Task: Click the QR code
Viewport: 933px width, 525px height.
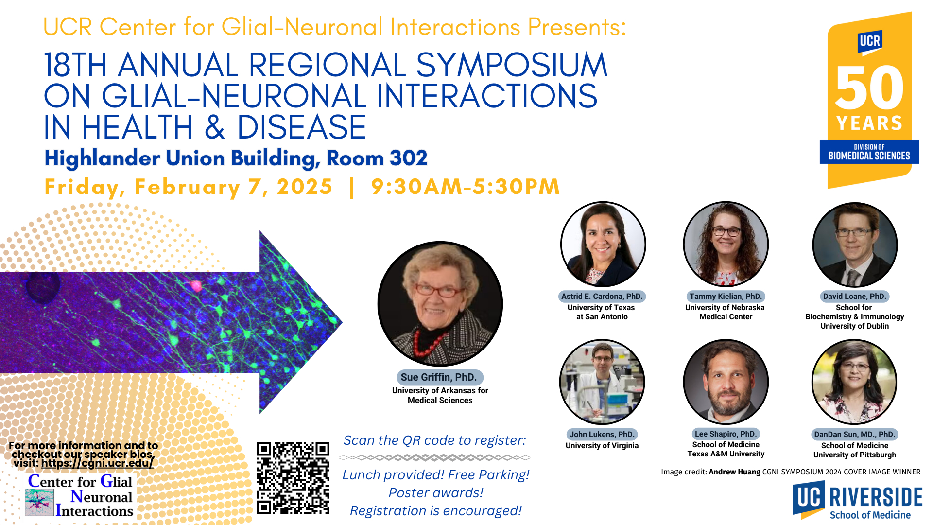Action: point(293,478)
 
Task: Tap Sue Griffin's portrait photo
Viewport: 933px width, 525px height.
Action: point(440,304)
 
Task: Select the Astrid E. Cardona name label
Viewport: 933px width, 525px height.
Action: point(602,297)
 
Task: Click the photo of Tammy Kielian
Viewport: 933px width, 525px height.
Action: point(726,244)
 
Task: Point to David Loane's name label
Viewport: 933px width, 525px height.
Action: point(855,297)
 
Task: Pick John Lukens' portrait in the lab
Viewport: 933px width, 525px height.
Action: point(602,382)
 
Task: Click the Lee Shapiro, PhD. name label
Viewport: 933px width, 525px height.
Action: point(726,434)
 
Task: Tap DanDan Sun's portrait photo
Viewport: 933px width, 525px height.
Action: point(854,382)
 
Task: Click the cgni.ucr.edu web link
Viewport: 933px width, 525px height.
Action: point(97,463)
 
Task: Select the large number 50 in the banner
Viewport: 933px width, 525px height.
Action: point(869,88)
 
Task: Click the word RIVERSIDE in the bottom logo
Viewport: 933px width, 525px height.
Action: point(876,497)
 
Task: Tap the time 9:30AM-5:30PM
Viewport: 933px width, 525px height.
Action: point(466,187)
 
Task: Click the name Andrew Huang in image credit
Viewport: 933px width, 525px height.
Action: point(734,472)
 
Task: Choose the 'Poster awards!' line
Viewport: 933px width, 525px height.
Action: point(436,493)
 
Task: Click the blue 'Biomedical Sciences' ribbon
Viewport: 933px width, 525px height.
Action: point(869,152)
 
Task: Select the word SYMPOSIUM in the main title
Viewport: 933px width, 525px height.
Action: point(512,65)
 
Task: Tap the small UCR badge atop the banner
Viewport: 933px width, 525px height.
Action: point(870,42)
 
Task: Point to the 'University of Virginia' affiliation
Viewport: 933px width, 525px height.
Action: point(602,446)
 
